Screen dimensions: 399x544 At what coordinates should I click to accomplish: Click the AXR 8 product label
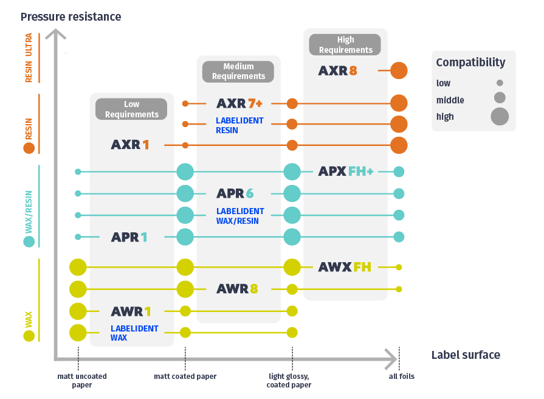[337, 71]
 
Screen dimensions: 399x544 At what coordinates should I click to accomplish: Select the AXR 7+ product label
[239, 103]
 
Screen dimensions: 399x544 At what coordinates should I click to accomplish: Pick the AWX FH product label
[345, 266]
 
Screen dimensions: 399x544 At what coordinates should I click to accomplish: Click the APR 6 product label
[235, 194]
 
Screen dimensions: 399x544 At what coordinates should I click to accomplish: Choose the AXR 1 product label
[129, 145]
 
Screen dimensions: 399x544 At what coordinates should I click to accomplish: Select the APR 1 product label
[129, 237]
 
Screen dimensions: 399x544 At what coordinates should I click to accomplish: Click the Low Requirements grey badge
[132, 109]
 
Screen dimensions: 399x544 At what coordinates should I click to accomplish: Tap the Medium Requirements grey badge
[238, 71]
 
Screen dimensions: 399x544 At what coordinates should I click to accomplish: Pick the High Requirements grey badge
[345, 45]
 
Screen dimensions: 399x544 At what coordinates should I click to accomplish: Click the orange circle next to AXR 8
[399, 71]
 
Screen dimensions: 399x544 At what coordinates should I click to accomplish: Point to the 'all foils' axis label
[401, 376]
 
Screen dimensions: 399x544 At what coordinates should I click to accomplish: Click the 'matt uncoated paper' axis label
[82, 380]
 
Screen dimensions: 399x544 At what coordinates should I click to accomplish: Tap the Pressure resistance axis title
[71, 16]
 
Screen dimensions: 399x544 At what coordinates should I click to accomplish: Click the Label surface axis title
[466, 355]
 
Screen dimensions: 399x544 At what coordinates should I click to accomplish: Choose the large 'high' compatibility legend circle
[500, 116]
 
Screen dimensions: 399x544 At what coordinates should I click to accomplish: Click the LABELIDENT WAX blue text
[126, 333]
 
